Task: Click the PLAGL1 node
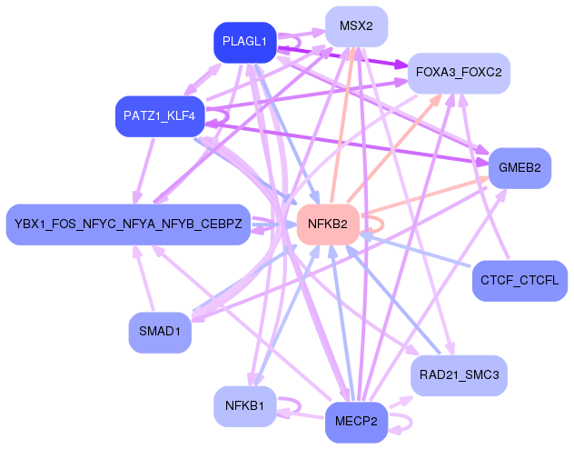coord(244,42)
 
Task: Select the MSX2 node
coord(356,25)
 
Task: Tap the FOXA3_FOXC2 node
coord(458,71)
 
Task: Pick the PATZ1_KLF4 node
coord(159,116)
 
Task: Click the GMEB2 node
coord(520,168)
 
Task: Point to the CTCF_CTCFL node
coord(520,280)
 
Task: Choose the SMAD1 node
coord(160,332)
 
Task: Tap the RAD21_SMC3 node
coord(459,374)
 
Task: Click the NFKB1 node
coord(244,406)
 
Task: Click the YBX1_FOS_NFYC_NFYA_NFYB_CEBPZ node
coord(128,224)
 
